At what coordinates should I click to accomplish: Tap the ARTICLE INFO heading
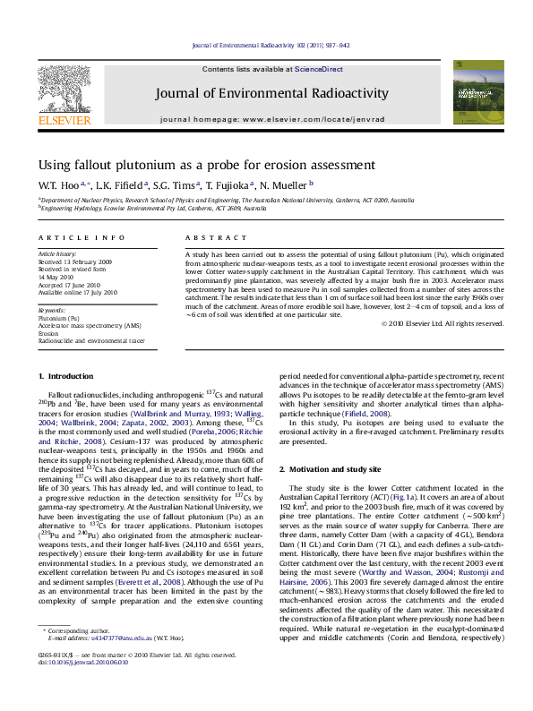pos(82,237)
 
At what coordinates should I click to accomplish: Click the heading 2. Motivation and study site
pos(336,469)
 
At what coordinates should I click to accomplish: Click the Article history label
pos(57,253)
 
